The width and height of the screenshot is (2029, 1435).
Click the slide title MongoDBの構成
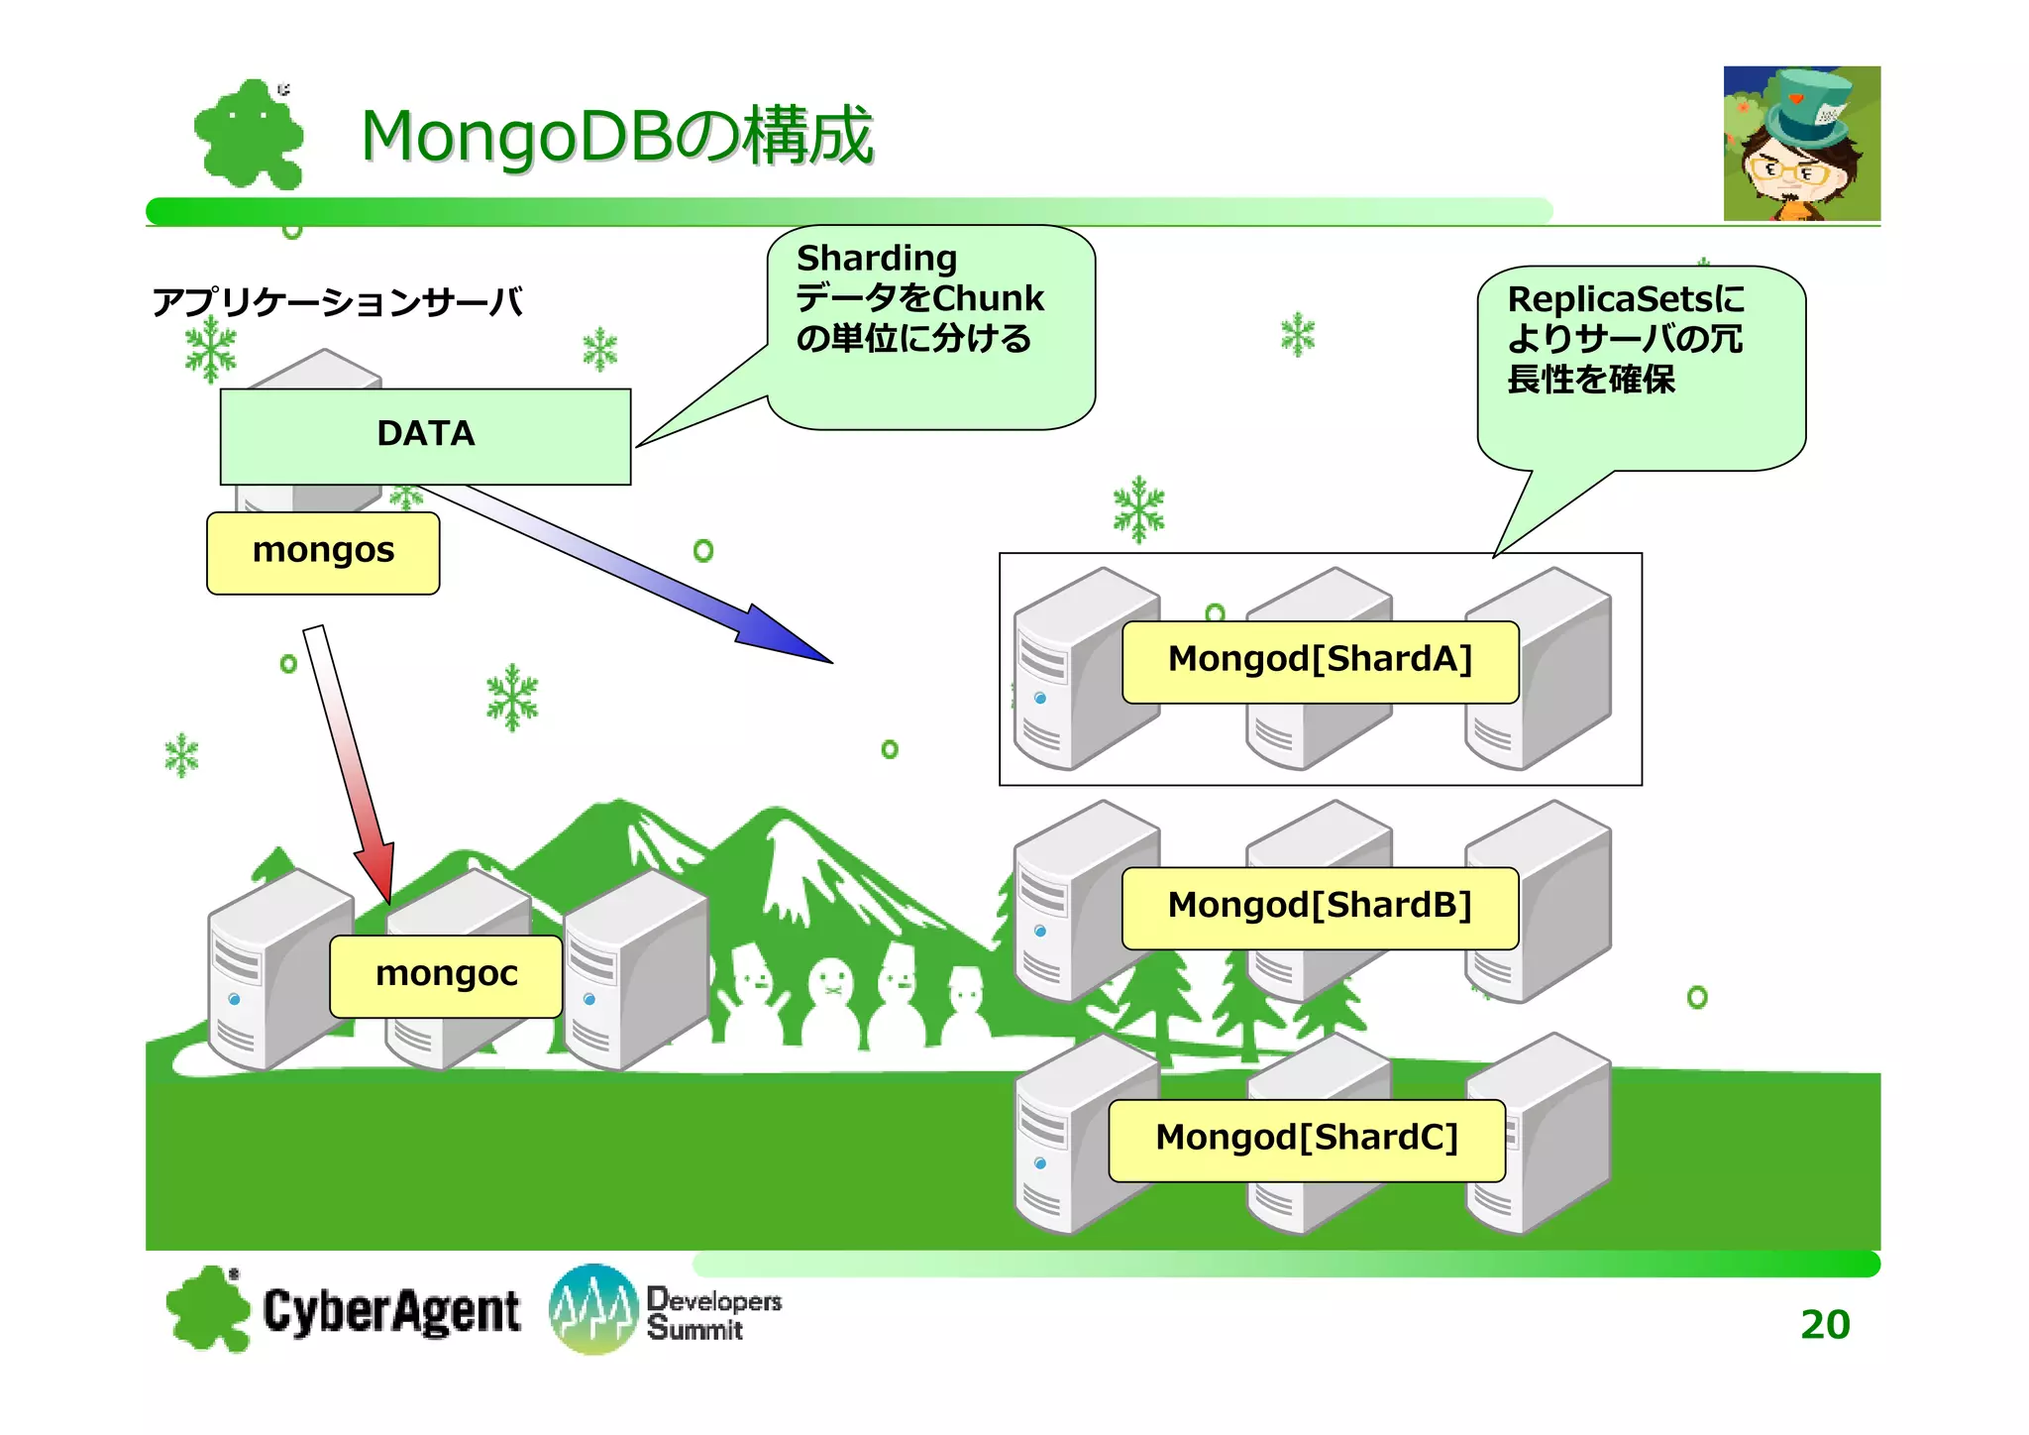(616, 136)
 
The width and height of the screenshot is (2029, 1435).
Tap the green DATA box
(425, 435)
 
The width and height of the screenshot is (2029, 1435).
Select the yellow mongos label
(323, 552)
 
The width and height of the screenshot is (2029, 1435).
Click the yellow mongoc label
(446, 975)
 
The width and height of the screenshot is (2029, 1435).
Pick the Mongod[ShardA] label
(1320, 661)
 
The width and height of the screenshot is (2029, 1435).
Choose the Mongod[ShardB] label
(1320, 907)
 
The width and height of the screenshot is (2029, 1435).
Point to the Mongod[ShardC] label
(1306, 1139)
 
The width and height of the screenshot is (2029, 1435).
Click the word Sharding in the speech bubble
(877, 259)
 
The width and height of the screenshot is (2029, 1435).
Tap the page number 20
(1824, 1325)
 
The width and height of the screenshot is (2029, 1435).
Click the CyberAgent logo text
(390, 1311)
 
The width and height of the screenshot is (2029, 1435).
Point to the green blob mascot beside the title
(249, 136)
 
